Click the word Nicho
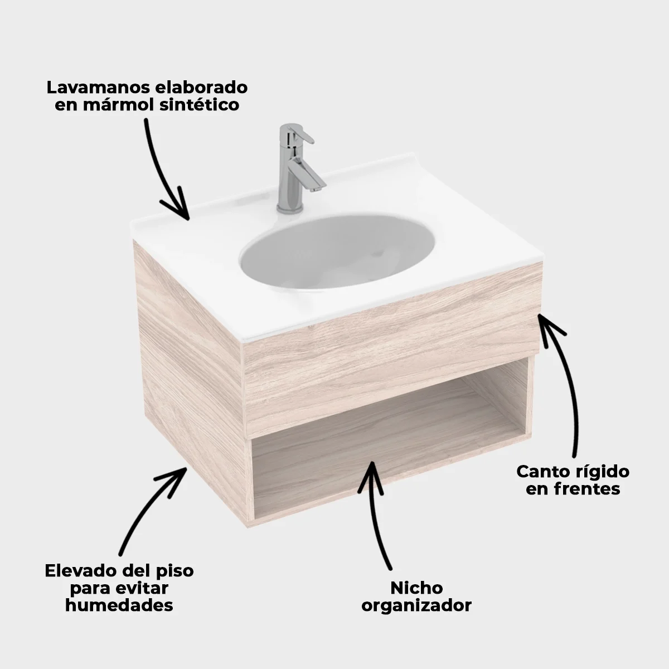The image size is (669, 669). point(416,588)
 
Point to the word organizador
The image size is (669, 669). point(416,605)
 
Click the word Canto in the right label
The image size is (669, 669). point(543,471)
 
